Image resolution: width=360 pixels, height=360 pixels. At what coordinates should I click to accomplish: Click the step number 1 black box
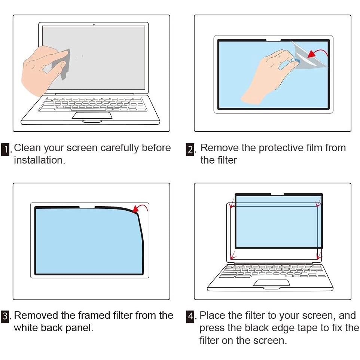click(x=5, y=150)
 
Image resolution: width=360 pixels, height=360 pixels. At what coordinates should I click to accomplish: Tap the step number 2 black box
click(x=190, y=150)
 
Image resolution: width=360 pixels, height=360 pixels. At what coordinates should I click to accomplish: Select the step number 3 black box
click(x=5, y=317)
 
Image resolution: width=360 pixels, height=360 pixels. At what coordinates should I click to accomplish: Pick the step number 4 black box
click(x=190, y=317)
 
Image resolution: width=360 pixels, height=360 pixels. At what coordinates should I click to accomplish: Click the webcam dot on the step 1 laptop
click(x=94, y=25)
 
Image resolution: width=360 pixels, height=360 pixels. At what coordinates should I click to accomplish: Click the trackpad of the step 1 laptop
click(x=92, y=116)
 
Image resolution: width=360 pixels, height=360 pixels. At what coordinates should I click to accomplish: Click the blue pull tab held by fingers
click(x=295, y=61)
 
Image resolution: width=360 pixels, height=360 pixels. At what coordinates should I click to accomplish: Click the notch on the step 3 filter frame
click(x=87, y=208)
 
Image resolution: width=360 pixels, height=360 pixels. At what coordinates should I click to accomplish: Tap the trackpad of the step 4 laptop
click(x=272, y=283)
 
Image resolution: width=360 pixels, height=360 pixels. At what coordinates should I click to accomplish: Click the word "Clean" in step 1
click(x=27, y=147)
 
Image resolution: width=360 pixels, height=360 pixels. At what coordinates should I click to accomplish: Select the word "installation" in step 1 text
click(x=38, y=160)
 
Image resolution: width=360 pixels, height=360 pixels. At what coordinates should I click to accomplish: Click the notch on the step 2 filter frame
click(x=274, y=40)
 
